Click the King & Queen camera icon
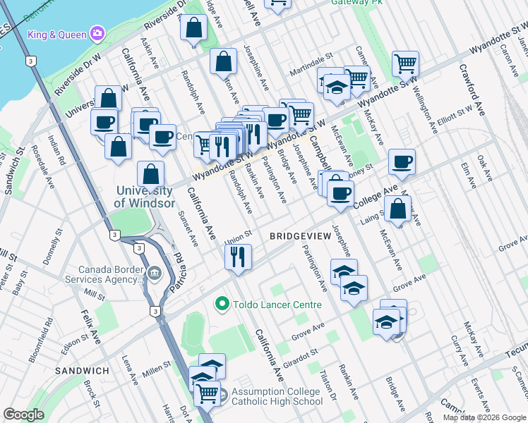97,34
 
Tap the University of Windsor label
144,197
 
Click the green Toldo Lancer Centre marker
222,305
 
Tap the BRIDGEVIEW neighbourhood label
300,237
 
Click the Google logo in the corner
23,415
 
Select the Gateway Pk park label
356,3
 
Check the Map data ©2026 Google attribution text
484,417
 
